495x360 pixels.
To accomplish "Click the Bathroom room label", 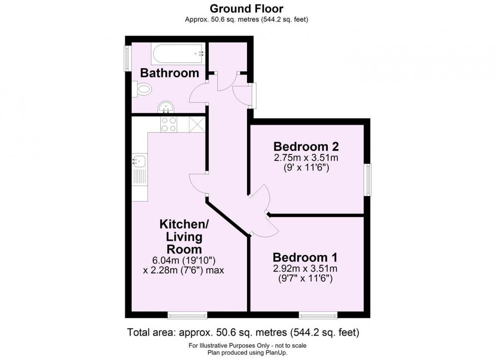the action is pos(169,73).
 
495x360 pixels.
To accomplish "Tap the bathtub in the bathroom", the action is pos(178,53).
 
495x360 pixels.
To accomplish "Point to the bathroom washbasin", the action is pos(166,107).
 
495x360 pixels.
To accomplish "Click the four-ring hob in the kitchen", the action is pos(169,124).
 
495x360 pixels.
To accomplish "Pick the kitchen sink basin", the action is pos(139,161).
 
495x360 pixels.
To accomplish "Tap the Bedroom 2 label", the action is pos(306,147).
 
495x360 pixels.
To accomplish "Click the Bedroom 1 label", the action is pos(305,257).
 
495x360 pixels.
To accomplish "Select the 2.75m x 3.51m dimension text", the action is pos(306,157).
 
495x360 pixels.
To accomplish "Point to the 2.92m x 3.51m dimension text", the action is pos(305,269).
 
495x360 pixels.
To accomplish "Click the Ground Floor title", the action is pos(247,8).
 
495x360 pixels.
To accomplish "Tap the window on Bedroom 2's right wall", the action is pos(368,179).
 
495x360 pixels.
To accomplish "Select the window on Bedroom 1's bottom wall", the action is pos(318,315).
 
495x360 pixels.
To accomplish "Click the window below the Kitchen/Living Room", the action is pos(188,315).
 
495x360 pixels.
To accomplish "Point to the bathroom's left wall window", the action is pos(127,58).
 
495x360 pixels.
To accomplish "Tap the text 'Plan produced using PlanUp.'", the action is pos(247,353).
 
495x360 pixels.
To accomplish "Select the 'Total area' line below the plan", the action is pos(243,332).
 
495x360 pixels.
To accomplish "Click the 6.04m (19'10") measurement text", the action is pos(184,260).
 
